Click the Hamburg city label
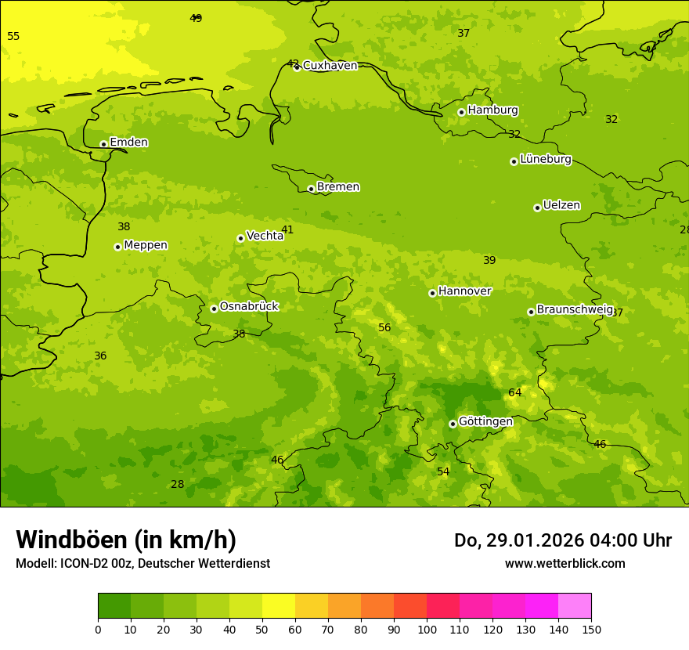click(x=492, y=110)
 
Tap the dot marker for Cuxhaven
click(x=297, y=67)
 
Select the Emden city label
click(x=128, y=143)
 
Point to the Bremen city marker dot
click(x=311, y=189)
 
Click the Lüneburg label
click(x=545, y=160)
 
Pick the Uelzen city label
click(x=561, y=206)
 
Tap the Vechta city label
click(x=265, y=236)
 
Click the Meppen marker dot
click(x=117, y=247)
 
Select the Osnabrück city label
click(x=249, y=306)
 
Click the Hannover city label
click(x=464, y=291)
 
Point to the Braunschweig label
click(x=574, y=310)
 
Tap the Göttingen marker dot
click(x=453, y=424)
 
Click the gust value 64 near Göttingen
click(x=514, y=392)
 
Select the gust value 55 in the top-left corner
click(x=13, y=37)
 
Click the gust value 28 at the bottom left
click(x=178, y=484)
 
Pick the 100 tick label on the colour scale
click(x=427, y=629)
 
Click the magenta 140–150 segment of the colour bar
click(x=575, y=606)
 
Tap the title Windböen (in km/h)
click(x=126, y=540)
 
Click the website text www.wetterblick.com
click(x=565, y=564)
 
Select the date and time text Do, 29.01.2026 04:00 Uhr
click(x=562, y=540)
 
